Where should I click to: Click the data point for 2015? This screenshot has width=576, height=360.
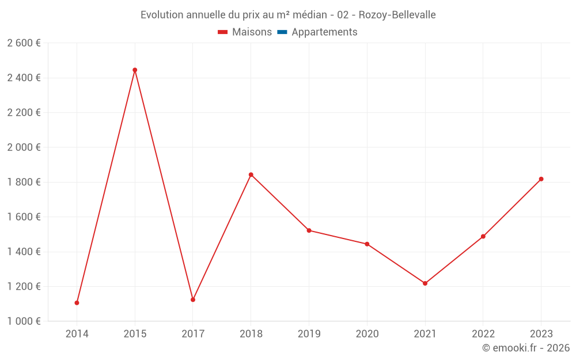[x=135, y=70]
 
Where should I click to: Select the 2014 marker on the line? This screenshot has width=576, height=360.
[x=77, y=303]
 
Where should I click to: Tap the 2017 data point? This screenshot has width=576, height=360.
[x=193, y=300]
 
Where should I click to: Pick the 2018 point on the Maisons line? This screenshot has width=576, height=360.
[x=251, y=175]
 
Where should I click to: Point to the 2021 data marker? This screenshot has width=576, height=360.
[x=425, y=283]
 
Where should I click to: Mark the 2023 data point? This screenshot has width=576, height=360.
[x=541, y=179]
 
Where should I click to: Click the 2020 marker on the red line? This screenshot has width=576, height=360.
[x=367, y=244]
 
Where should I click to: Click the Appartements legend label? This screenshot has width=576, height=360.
[x=324, y=32]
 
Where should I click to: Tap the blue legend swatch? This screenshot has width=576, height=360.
[x=282, y=32]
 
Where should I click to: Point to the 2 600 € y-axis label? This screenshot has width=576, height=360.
[x=24, y=43]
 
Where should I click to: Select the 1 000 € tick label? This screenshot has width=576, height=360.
[x=24, y=321]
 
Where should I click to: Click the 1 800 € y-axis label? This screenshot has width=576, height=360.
[x=24, y=182]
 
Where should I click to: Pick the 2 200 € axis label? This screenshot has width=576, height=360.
[x=24, y=113]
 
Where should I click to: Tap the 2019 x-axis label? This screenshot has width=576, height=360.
[x=309, y=334]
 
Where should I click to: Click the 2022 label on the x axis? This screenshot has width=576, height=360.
[x=483, y=334]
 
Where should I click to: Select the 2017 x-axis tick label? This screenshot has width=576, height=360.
[x=193, y=334]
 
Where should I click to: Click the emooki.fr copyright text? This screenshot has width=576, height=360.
[x=526, y=348]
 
